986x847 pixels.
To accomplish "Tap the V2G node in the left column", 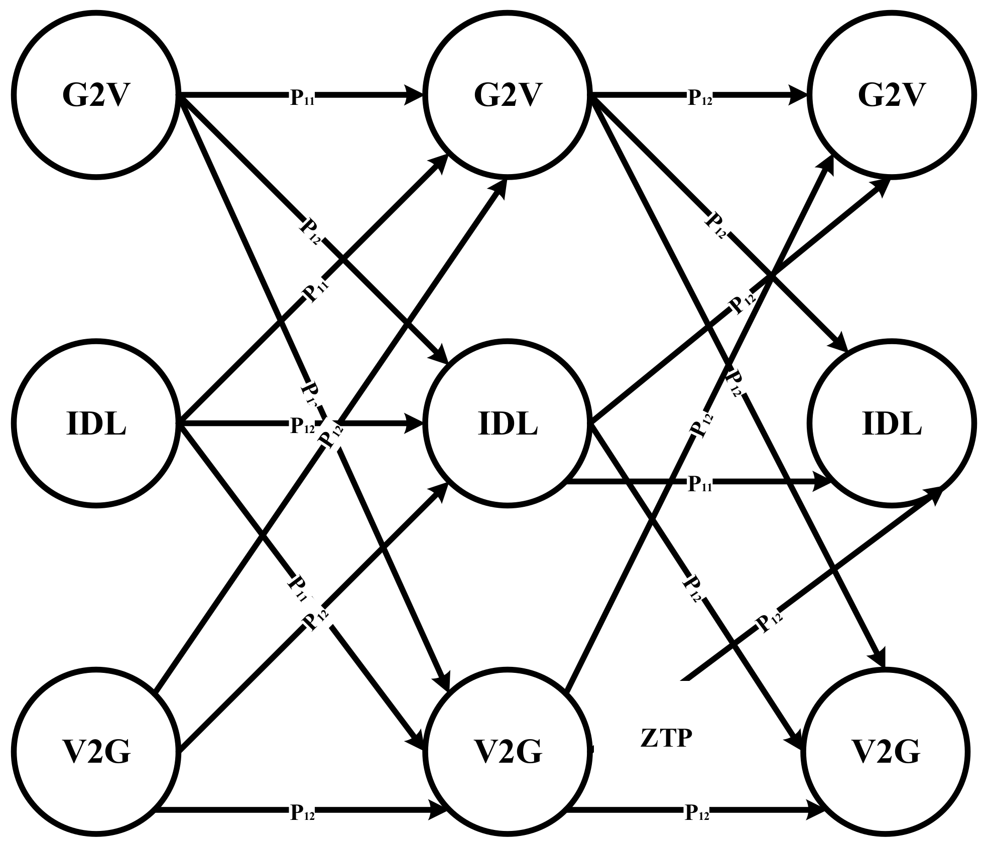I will (96, 751).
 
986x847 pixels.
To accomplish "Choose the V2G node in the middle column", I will (508, 751).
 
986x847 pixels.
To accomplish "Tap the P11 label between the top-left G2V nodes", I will (302, 97).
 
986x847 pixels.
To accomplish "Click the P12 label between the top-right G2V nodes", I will (699, 97).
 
